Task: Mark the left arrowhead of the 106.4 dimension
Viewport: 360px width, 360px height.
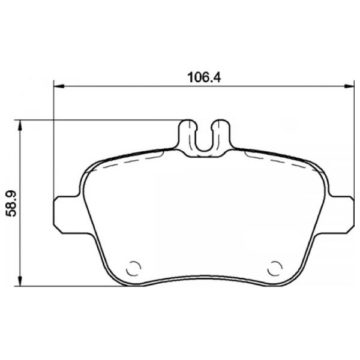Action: pos(58,86)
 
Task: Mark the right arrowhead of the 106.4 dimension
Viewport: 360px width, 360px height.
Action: pos(349,86)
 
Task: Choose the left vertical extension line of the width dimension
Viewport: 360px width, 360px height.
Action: pos(54,144)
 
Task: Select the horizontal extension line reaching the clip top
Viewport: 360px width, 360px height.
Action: pos(102,120)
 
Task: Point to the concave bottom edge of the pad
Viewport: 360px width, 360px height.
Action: pos(204,277)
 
